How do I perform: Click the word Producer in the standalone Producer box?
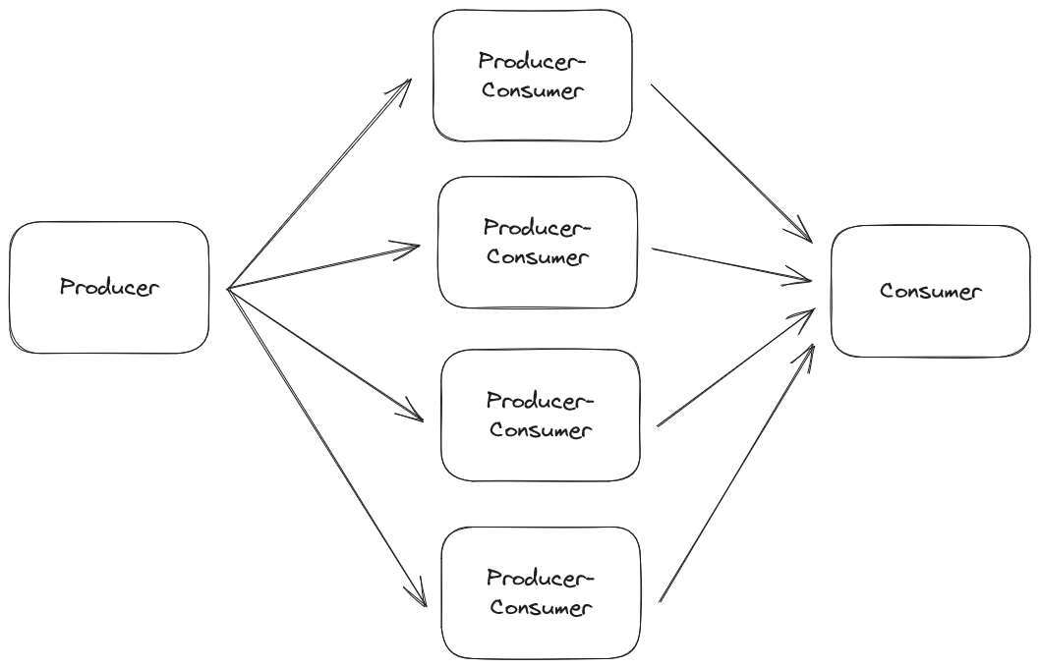[109, 288]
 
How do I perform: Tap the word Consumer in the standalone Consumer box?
[930, 292]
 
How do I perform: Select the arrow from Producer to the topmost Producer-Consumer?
[318, 186]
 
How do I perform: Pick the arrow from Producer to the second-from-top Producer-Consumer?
[324, 266]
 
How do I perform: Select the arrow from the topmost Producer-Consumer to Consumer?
[731, 163]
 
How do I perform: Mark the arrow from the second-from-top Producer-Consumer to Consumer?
[731, 265]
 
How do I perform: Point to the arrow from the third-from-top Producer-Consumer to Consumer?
[735, 367]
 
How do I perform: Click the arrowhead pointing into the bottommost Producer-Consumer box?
[421, 595]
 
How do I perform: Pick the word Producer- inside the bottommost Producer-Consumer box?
[541, 577]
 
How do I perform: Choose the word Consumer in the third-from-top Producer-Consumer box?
[541, 430]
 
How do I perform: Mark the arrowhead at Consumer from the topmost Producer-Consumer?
[802, 234]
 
